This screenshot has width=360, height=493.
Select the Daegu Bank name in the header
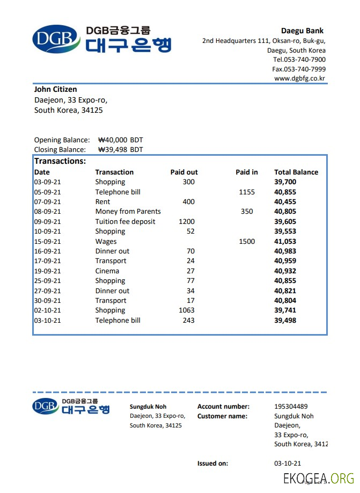coord(302,31)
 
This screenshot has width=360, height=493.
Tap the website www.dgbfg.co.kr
coord(300,78)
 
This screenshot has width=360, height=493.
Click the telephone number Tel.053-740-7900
coord(299,60)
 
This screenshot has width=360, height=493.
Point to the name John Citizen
coord(55,89)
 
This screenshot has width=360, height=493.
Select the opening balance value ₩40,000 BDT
coord(121,140)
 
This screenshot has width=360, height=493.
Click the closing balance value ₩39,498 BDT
coord(121,149)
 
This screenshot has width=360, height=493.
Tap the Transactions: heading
coord(60,161)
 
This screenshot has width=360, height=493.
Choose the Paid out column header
coord(184,172)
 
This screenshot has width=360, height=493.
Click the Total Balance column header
coord(296,172)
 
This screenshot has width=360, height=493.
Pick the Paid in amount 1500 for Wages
coord(247,241)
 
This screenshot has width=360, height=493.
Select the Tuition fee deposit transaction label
coord(125,221)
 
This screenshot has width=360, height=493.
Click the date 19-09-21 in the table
coord(48,271)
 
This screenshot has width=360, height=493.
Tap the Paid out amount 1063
coord(187,310)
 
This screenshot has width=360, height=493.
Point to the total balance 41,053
coord(285,241)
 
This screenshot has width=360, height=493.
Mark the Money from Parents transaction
coord(128,212)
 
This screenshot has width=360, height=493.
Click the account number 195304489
coord(291,407)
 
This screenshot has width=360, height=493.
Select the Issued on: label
coord(212,463)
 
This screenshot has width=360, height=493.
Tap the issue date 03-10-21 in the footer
coord(288,463)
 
